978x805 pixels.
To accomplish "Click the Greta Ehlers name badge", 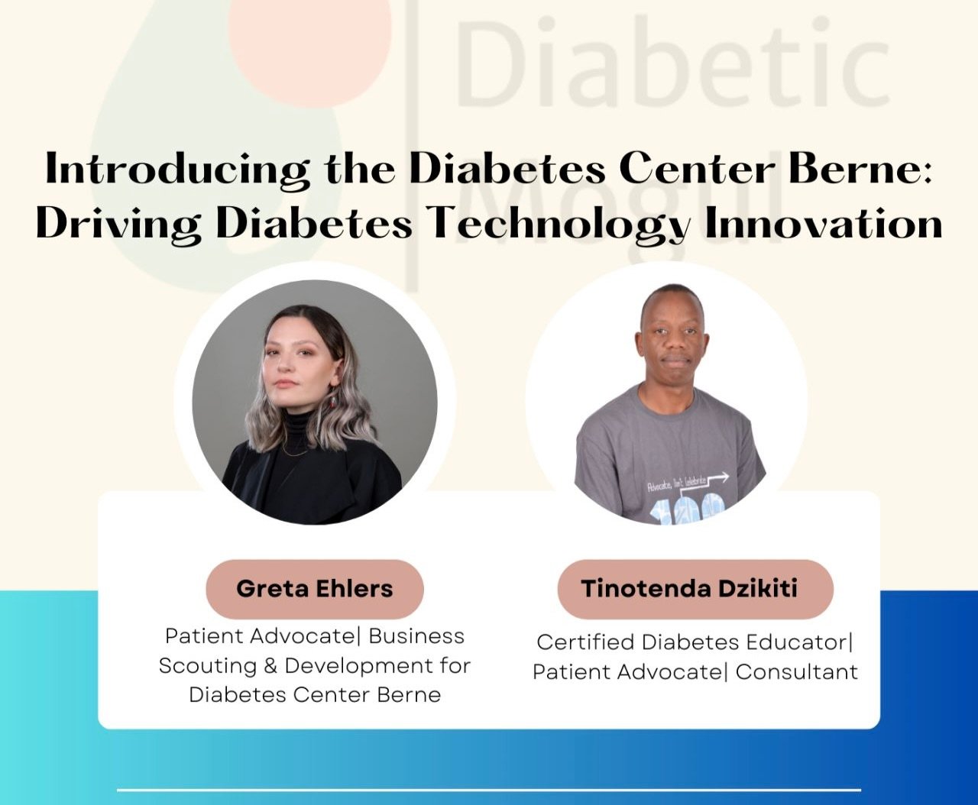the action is click(x=315, y=589).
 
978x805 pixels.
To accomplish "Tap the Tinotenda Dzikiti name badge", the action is click(x=695, y=589).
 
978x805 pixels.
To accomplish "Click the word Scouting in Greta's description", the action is click(x=208, y=666).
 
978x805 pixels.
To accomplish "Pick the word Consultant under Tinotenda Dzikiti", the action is click(x=796, y=672).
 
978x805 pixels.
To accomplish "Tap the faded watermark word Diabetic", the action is click(x=673, y=61).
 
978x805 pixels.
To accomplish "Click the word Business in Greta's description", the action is click(x=416, y=636).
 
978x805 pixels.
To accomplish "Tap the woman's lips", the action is click(x=285, y=383).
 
